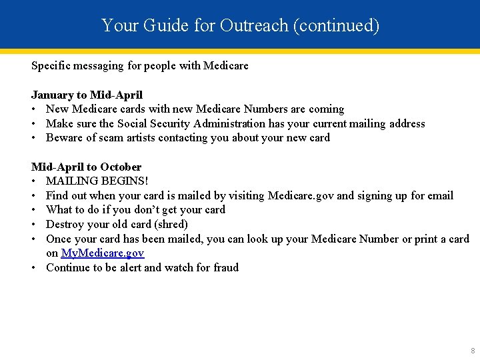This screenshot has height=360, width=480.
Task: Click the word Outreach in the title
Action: (x=257, y=25)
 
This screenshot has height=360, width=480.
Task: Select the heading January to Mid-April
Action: (x=87, y=95)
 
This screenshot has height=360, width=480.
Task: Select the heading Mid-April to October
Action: (x=86, y=167)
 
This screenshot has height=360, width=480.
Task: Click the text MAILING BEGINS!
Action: (x=97, y=181)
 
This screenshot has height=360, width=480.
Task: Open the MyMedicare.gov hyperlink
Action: (x=103, y=253)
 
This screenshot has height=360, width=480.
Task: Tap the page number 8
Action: (x=473, y=351)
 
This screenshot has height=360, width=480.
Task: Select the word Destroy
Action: (x=65, y=224)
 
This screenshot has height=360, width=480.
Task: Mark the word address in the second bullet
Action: (x=405, y=123)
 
